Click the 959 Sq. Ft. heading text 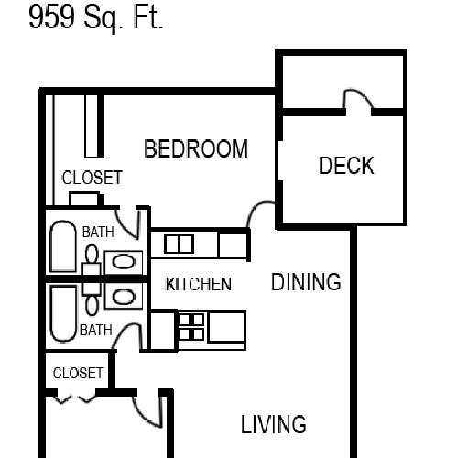pyautogui.click(x=96, y=17)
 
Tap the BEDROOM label pyautogui.click(x=196, y=148)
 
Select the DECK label pyautogui.click(x=346, y=165)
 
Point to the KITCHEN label pyautogui.click(x=199, y=284)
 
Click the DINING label pyautogui.click(x=306, y=281)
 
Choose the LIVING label pyautogui.click(x=274, y=424)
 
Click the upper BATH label pyautogui.click(x=98, y=232)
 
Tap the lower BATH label pyautogui.click(x=96, y=330)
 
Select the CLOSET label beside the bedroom pyautogui.click(x=93, y=178)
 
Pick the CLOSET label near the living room pyautogui.click(x=78, y=373)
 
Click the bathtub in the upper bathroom pyautogui.click(x=63, y=246)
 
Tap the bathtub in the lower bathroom pyautogui.click(x=63, y=313)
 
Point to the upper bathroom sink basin pyautogui.click(x=124, y=262)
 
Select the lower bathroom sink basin pyautogui.click(x=124, y=297)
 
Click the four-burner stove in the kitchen pyautogui.click(x=191, y=327)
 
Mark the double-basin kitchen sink pyautogui.click(x=179, y=244)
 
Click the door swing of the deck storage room pyautogui.click(x=358, y=97)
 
